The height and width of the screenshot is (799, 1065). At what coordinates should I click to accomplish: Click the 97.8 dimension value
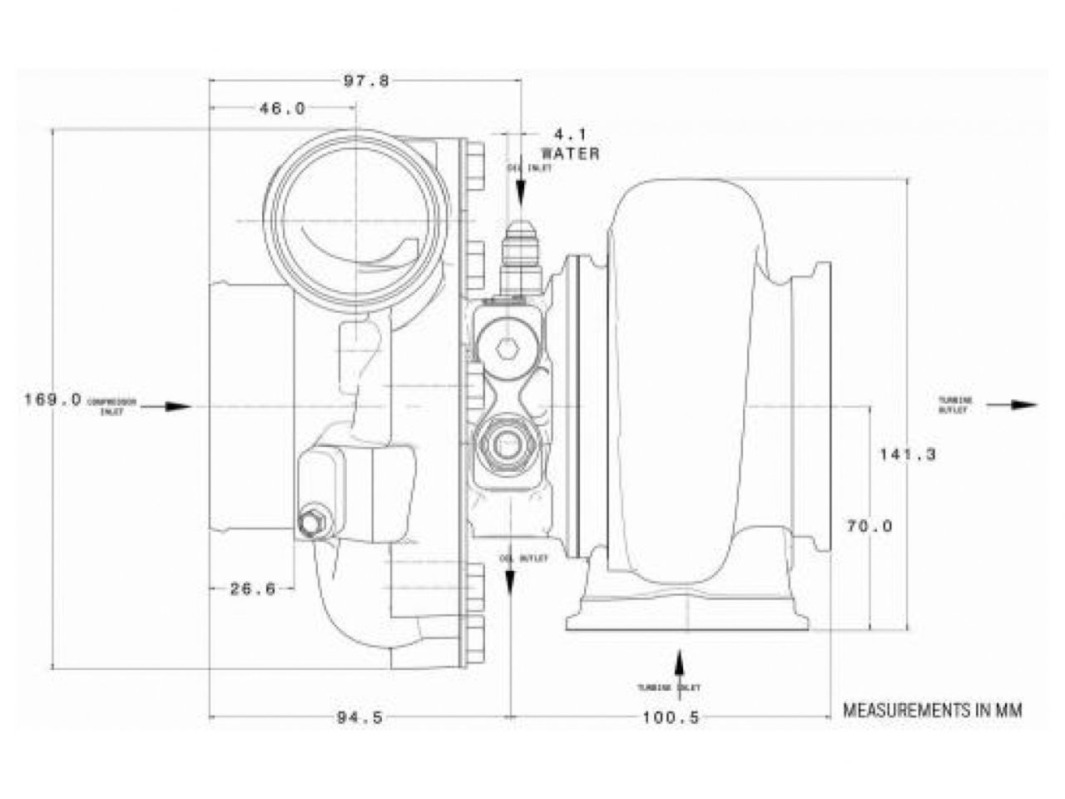tap(367, 81)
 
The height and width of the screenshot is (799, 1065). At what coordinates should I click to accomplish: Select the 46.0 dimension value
tap(283, 108)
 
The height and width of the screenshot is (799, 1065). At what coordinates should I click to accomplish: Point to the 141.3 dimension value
tap(908, 454)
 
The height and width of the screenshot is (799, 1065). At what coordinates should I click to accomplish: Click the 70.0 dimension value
tap(869, 526)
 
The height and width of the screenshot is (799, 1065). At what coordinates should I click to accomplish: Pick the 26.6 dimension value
tap(252, 589)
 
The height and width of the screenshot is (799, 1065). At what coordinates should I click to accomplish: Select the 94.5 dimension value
tap(360, 717)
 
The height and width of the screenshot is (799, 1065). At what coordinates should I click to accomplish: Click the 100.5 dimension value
tap(671, 717)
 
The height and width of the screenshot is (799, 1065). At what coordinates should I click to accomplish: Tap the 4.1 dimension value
tap(571, 133)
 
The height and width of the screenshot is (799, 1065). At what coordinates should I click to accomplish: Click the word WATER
tap(571, 153)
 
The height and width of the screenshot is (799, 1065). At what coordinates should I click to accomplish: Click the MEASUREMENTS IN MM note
tap(932, 710)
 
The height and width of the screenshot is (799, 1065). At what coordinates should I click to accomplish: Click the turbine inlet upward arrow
tap(679, 666)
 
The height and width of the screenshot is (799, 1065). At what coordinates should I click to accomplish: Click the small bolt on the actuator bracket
tap(311, 523)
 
